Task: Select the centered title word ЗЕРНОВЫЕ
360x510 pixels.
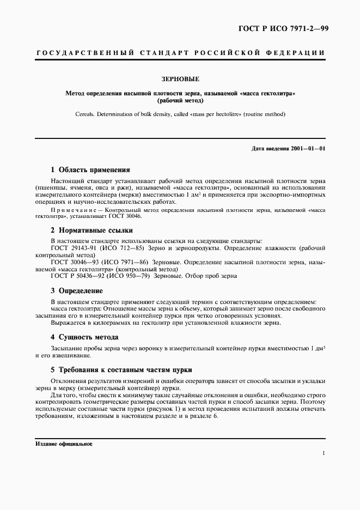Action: [180, 79]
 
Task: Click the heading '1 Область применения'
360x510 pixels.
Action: [90, 169]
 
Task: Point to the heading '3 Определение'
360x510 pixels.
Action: [76, 291]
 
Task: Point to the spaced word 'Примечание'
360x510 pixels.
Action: [76, 210]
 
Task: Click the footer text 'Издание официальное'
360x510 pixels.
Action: [63, 444]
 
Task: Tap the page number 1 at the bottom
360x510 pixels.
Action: [324, 453]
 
